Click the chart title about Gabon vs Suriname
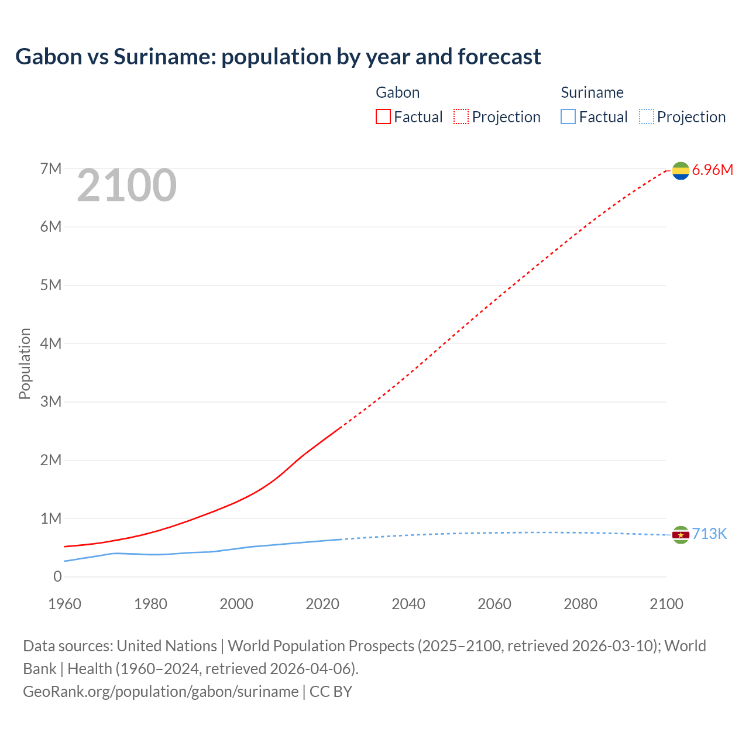[x=278, y=57]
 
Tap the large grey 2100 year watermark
[x=126, y=185]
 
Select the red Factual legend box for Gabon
[x=383, y=116]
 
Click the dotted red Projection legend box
[x=461, y=116]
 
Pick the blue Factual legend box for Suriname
[x=568, y=116]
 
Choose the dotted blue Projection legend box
[x=646, y=116]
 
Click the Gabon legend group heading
[x=397, y=92]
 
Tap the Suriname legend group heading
[x=592, y=92]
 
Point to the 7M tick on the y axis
[x=51, y=169]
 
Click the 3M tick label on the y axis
[x=51, y=402]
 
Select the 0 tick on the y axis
[x=57, y=577]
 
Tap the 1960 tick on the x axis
[x=64, y=604]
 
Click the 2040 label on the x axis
[x=408, y=604]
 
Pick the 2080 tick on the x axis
[x=580, y=604]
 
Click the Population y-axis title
[x=25, y=363]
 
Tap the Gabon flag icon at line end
[x=681, y=170]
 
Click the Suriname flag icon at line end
[x=681, y=534]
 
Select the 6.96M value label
[x=712, y=170]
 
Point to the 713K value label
[x=709, y=534]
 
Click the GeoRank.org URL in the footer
[x=161, y=692]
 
